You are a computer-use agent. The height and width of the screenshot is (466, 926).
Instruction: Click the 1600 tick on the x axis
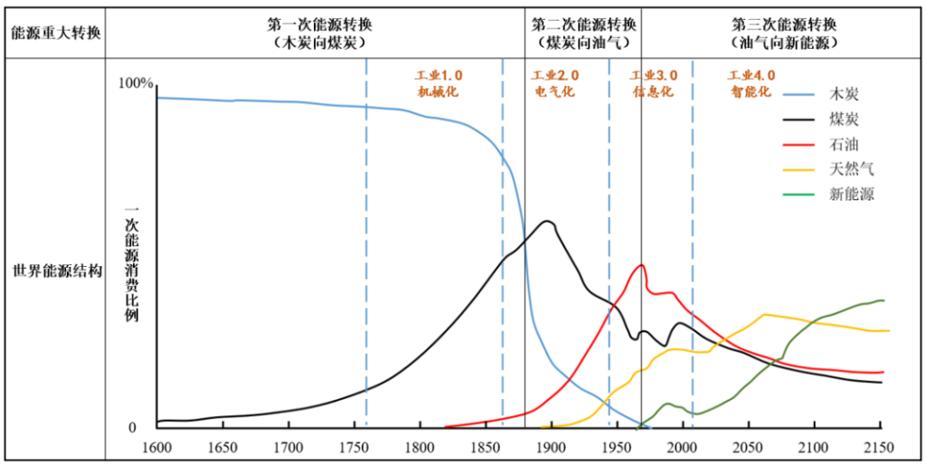click(156, 447)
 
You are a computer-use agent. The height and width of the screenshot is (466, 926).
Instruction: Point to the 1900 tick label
click(551, 447)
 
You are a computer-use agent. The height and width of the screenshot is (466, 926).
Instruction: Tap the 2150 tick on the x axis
click(879, 447)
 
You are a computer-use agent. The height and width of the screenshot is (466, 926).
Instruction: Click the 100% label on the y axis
click(137, 83)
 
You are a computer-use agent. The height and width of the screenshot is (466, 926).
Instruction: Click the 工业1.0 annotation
click(438, 75)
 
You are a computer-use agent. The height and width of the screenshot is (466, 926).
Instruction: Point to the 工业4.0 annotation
click(752, 75)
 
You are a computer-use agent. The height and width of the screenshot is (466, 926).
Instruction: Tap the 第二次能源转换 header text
click(583, 24)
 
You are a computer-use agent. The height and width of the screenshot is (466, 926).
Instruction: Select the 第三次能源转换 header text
click(784, 24)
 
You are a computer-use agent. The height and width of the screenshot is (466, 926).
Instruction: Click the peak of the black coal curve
click(546, 221)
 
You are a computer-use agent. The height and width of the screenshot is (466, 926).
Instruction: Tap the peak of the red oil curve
click(642, 264)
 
